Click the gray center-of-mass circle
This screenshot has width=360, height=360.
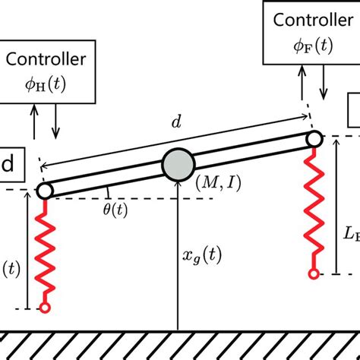coord(178,163)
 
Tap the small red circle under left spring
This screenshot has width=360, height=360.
coord(46,308)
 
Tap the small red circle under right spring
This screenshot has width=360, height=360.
coord(312,272)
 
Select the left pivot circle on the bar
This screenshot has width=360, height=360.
coord(44,190)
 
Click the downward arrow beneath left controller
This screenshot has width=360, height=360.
coord(55,123)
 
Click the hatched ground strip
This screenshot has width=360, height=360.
coord(180,344)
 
